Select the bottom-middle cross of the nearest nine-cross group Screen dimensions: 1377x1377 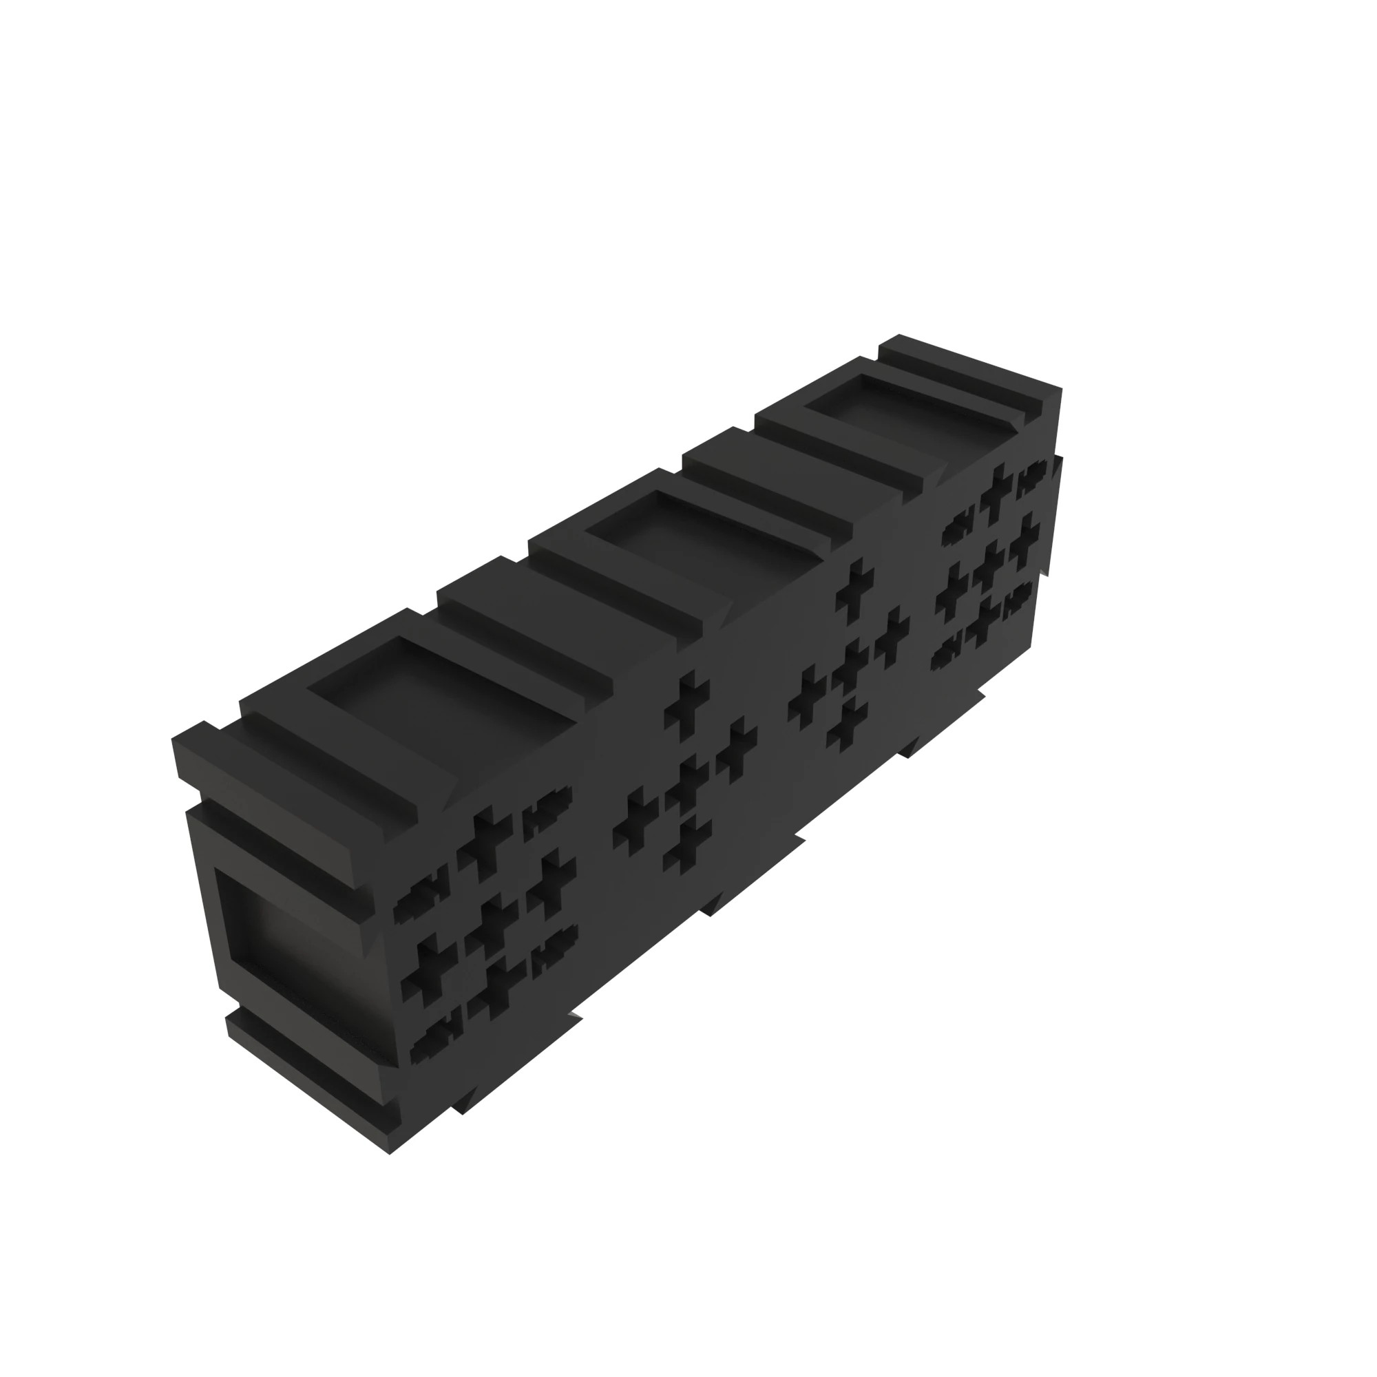496,988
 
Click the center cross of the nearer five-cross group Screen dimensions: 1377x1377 686,784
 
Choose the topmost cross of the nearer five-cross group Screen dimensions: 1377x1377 687,702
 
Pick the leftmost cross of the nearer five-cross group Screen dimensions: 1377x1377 635,819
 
